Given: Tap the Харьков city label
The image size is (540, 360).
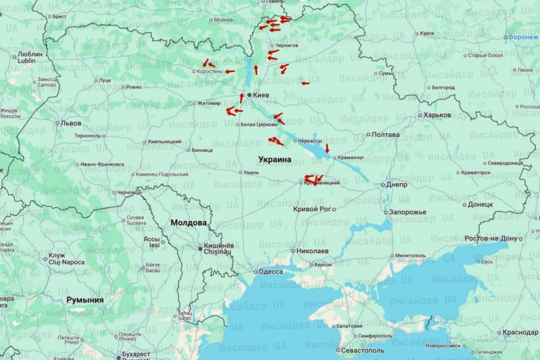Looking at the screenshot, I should point(437,115).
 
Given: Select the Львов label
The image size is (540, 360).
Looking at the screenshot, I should point(71,123).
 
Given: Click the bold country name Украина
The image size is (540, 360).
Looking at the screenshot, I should point(274,160).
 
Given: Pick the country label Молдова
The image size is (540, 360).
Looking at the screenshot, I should point(188,222).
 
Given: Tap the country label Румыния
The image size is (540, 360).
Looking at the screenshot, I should point(85,299).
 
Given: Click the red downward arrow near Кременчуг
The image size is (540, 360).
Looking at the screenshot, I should point(327,148).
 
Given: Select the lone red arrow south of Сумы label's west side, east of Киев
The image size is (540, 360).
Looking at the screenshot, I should point(305,83).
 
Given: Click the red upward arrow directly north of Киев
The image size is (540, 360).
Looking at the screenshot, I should point(256,70).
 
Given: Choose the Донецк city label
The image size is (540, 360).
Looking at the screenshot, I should point(480,205).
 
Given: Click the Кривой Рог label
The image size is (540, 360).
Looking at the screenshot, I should point(312,209).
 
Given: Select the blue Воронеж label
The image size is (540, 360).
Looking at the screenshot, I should point(524,37).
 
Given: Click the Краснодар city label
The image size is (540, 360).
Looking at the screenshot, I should point(520,332).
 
